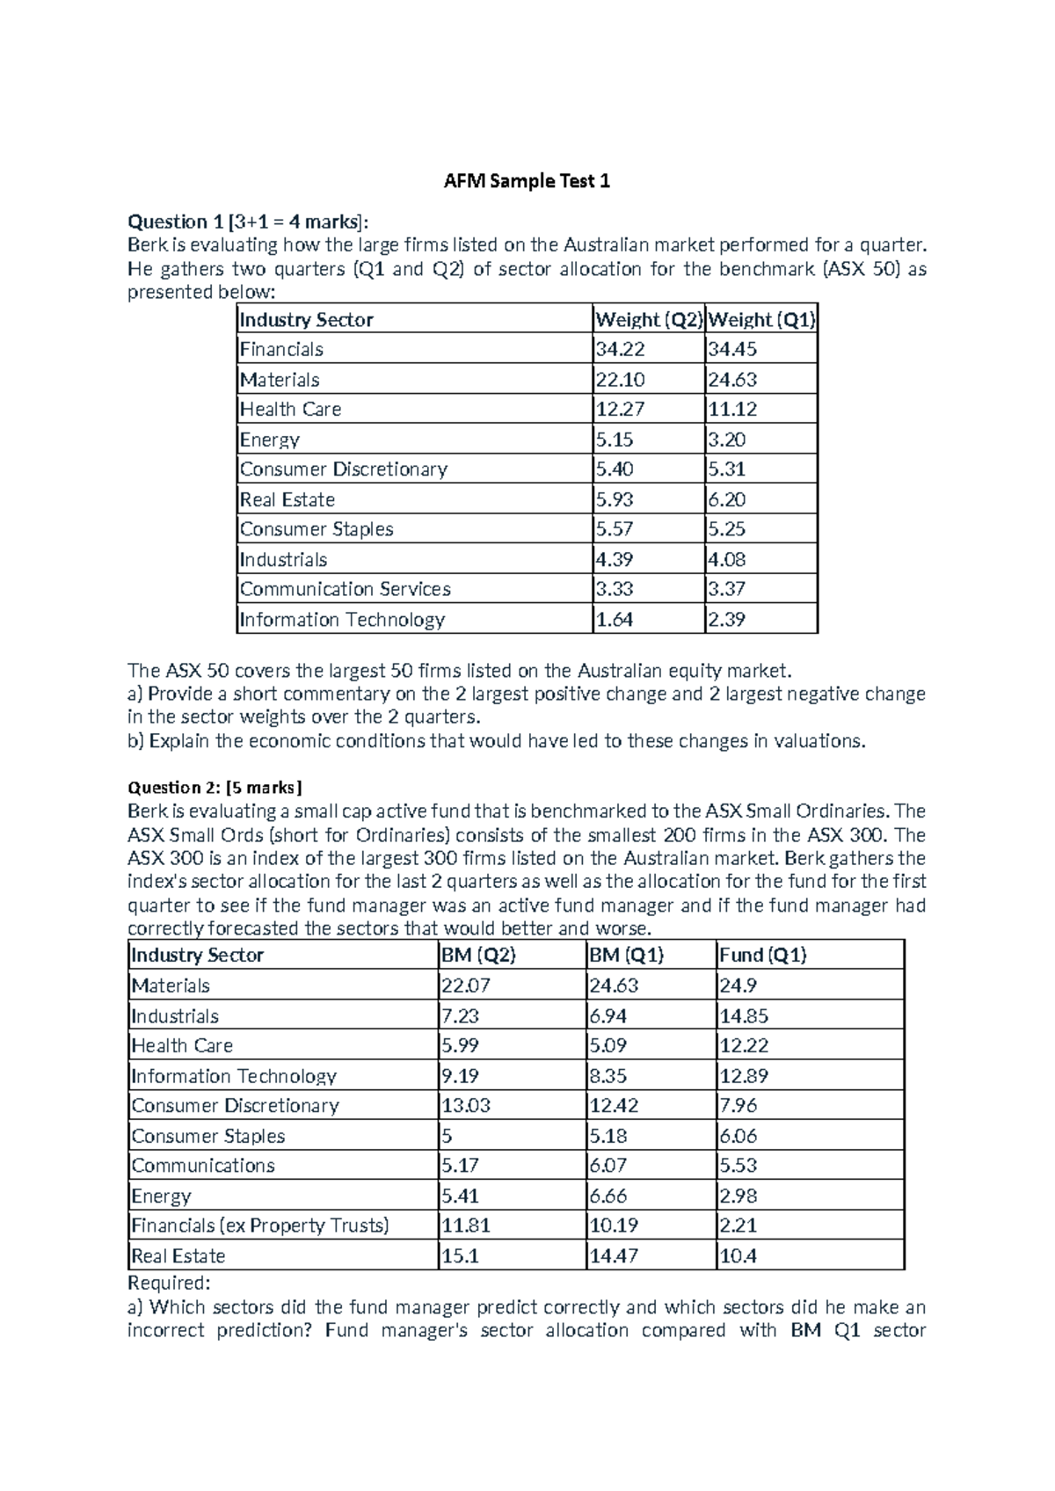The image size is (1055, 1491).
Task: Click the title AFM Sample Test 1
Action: [527, 182]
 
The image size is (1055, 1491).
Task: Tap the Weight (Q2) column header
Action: [649, 320]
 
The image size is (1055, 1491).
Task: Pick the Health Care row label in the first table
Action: [290, 410]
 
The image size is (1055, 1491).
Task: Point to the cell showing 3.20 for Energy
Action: [727, 440]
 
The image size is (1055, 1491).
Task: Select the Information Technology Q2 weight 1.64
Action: [615, 620]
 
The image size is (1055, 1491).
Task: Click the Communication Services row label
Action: [346, 589]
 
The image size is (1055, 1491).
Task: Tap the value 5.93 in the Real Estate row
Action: [615, 500]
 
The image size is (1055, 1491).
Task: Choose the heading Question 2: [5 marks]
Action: [215, 788]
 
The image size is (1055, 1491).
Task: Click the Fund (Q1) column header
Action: [762, 956]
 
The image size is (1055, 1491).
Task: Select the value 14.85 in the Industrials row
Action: [744, 1016]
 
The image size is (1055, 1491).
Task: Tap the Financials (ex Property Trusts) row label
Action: [260, 1226]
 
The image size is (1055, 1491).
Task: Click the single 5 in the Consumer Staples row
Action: [447, 1136]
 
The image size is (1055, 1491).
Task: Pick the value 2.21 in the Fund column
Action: [738, 1226]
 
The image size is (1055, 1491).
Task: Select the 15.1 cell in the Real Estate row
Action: [460, 1256]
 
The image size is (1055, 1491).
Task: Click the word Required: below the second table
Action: [169, 1284]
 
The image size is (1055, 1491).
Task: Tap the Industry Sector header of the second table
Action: [197, 956]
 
